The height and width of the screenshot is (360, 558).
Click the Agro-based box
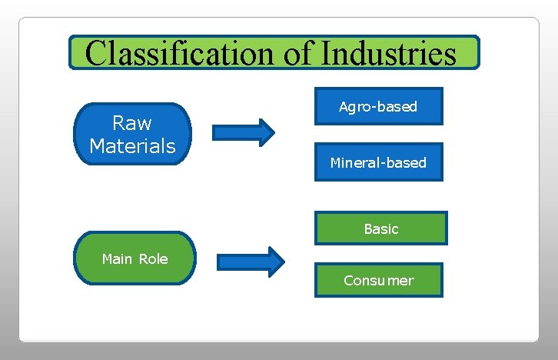(x=378, y=106)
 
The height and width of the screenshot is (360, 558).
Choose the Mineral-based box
(x=378, y=162)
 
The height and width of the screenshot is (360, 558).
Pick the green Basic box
(x=380, y=228)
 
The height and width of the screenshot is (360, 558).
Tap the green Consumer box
(x=378, y=280)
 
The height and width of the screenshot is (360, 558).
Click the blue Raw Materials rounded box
(x=132, y=134)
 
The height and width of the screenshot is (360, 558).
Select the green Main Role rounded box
(x=135, y=258)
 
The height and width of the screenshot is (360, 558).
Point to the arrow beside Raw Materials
(x=243, y=132)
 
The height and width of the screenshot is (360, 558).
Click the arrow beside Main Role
(x=251, y=262)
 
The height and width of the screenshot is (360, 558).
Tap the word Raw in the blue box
(x=132, y=123)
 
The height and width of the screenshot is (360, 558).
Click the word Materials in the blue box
(x=132, y=145)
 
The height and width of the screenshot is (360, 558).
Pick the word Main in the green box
(x=118, y=259)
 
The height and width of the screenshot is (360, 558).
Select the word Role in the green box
(x=154, y=259)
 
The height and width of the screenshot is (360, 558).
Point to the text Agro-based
(x=378, y=107)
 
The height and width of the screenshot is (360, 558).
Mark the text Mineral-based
(x=378, y=163)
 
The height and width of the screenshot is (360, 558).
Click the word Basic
(x=381, y=229)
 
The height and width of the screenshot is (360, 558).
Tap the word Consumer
(x=378, y=281)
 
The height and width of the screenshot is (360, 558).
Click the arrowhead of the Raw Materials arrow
(x=265, y=132)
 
